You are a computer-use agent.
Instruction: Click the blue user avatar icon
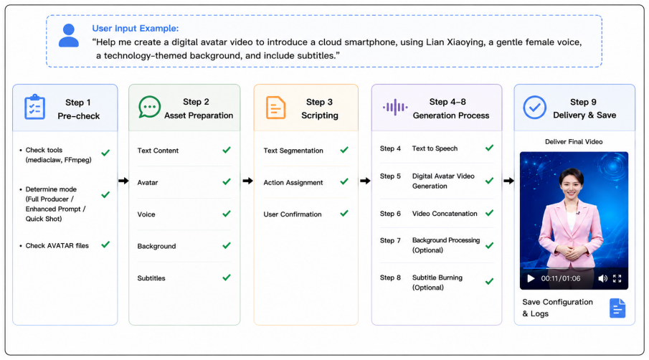[x=69, y=35]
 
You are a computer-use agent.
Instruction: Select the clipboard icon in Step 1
[x=34, y=107]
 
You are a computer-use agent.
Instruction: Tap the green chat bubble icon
[x=149, y=107]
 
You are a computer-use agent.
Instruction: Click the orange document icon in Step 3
[x=275, y=108]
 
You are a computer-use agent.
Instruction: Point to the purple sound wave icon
[x=395, y=107]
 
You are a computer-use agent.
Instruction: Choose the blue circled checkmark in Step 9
[x=534, y=108]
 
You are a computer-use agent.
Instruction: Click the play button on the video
[x=531, y=278]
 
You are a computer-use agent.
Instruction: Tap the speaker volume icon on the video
[x=602, y=278]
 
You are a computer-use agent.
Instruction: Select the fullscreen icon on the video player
[x=617, y=278]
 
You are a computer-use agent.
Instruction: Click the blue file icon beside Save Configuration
[x=617, y=308]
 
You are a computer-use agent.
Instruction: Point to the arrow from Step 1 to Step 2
[x=123, y=181]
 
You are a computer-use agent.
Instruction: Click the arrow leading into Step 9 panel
[x=508, y=181]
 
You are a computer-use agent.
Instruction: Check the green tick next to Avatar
[x=227, y=181]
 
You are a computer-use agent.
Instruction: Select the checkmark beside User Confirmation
[x=344, y=214]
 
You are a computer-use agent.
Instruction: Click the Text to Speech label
[x=435, y=148]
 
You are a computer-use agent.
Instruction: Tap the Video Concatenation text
[x=445, y=214]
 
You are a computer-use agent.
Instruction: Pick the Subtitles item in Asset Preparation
[x=151, y=278]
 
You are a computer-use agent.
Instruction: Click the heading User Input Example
[x=136, y=28]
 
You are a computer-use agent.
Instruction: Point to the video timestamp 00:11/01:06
[x=560, y=278]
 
